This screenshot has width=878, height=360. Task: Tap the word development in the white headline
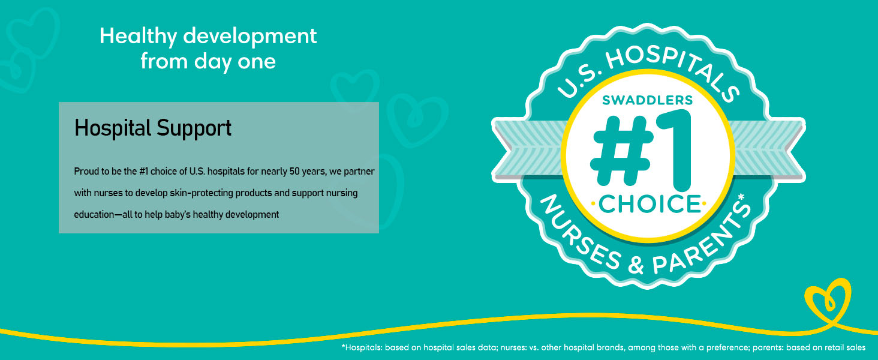249,35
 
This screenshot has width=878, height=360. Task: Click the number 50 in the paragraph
294,172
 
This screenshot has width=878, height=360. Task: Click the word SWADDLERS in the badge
648,100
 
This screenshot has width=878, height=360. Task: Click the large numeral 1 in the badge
673,151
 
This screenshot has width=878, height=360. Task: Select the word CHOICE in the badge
649,204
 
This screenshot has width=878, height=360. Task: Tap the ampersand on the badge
636,265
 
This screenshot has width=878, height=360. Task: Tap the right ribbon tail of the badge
768,149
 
